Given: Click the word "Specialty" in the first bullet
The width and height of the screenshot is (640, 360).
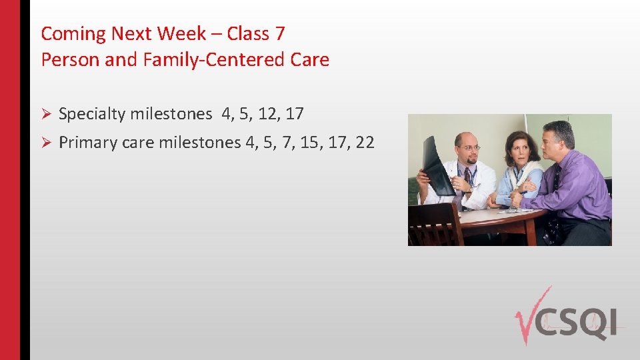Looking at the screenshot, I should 92,115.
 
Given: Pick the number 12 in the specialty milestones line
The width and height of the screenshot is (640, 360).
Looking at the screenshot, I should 269,115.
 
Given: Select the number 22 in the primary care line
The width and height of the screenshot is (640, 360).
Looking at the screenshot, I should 365,142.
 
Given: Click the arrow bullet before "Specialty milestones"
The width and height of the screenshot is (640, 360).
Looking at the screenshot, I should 46,115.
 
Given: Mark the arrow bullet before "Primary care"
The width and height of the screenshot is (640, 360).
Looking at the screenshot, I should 46,143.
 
